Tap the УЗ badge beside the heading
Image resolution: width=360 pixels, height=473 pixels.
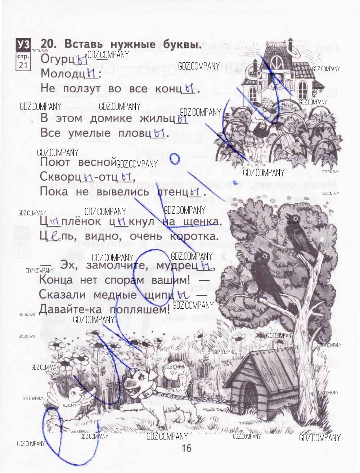pos(23,45)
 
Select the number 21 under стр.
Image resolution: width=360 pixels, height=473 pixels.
pos(23,65)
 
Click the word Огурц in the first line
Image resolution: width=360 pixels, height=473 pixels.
pos(58,59)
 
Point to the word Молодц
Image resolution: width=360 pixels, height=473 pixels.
pos(63,74)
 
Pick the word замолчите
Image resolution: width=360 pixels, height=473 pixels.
pos(116,266)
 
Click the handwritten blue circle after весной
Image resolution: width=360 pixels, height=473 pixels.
pos(174,159)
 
